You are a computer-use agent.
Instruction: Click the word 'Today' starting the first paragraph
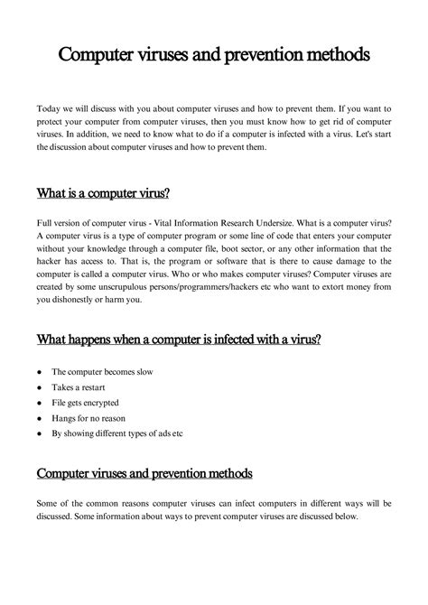pos(48,108)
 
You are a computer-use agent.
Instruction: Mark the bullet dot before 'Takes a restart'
pos(41,386)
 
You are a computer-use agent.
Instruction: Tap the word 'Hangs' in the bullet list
pos(63,417)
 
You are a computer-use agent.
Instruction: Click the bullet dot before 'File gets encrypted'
pos(41,402)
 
